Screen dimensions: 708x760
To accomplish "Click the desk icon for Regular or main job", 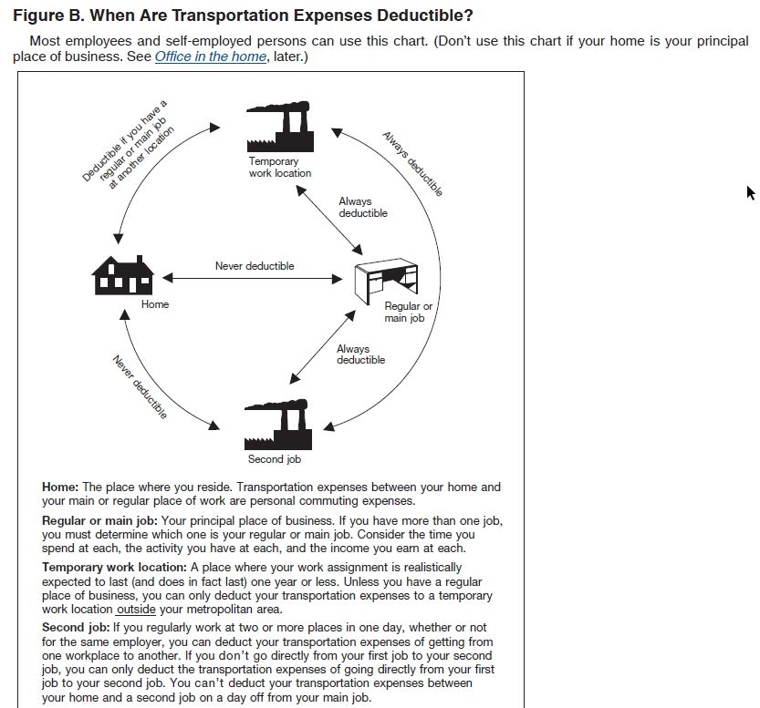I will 386,280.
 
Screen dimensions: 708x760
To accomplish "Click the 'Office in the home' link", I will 210,56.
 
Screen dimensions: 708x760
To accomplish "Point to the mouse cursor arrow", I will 750,192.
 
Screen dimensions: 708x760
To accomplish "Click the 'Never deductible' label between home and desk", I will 255,266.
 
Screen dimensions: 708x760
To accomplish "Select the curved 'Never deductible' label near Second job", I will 140,387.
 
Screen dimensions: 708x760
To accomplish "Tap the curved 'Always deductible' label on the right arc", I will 412,164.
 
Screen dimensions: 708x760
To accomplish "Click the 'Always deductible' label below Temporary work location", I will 363,207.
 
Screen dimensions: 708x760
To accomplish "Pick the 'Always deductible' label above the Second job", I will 360,354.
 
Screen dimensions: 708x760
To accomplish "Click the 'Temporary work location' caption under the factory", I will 279,167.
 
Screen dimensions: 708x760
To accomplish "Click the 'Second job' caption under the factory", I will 274,459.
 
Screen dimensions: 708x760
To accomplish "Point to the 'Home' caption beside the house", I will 155,304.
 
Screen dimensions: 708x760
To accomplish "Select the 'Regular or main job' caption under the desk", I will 408,313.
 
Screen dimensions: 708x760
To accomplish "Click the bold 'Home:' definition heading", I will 60,487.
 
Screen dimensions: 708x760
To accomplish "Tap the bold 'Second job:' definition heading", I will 75,628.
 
